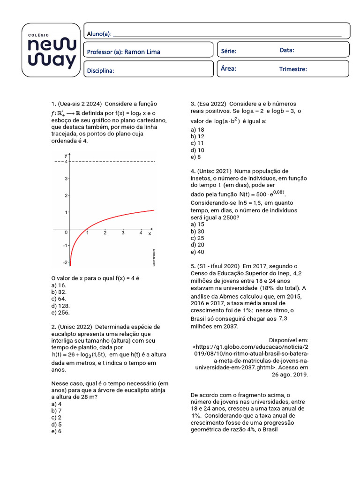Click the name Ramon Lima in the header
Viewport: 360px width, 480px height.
pyautogui.click(x=142, y=52)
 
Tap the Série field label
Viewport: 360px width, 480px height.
pyautogui.click(x=228, y=51)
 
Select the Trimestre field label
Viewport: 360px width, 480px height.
pyautogui.click(x=293, y=69)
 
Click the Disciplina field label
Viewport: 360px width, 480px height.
pyautogui.click(x=101, y=71)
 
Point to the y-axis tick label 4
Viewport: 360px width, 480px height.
pyautogui.click(x=66, y=162)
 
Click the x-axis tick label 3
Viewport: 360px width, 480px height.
pyautogui.click(x=123, y=233)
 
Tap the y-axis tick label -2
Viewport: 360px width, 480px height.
pyautogui.click(x=65, y=262)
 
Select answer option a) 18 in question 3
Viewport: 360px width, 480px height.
pyautogui.click(x=197, y=129)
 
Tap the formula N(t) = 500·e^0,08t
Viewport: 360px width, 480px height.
pyautogui.click(x=262, y=194)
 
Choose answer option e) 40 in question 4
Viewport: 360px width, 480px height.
pyautogui.click(x=197, y=252)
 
